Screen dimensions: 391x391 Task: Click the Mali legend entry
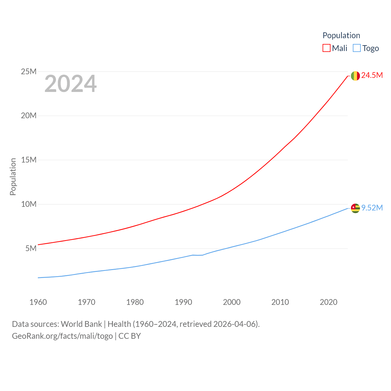pyautogui.click(x=335, y=48)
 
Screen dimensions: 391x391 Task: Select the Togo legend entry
pyautogui.click(x=366, y=48)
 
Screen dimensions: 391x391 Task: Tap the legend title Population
pyautogui.click(x=341, y=35)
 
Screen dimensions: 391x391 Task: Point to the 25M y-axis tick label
pyautogui.click(x=29, y=71)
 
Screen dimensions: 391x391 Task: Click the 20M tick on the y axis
pyautogui.click(x=29, y=115)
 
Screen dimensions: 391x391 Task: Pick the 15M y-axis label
pyautogui.click(x=29, y=160)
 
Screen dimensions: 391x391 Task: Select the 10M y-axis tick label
pyautogui.click(x=29, y=204)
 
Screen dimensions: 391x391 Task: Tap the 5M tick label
pyautogui.click(x=31, y=248)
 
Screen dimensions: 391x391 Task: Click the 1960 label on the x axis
pyautogui.click(x=38, y=302)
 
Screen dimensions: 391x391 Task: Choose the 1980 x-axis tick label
pyautogui.click(x=135, y=302)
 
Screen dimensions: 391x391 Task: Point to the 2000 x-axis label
pyautogui.click(x=232, y=302)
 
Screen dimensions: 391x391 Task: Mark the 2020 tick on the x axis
pyautogui.click(x=329, y=302)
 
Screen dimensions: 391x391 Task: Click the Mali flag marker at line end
pyautogui.click(x=355, y=76)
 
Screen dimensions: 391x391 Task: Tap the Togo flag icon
pyautogui.click(x=355, y=208)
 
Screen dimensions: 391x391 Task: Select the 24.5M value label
pyautogui.click(x=372, y=75)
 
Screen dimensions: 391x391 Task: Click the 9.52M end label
pyautogui.click(x=372, y=208)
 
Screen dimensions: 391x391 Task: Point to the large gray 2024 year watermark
pyautogui.click(x=71, y=84)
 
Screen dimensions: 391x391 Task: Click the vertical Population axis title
pyautogui.click(x=13, y=177)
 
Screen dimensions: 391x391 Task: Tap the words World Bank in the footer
pyautogui.click(x=82, y=324)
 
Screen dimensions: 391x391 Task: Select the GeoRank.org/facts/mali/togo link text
pyautogui.click(x=62, y=336)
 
